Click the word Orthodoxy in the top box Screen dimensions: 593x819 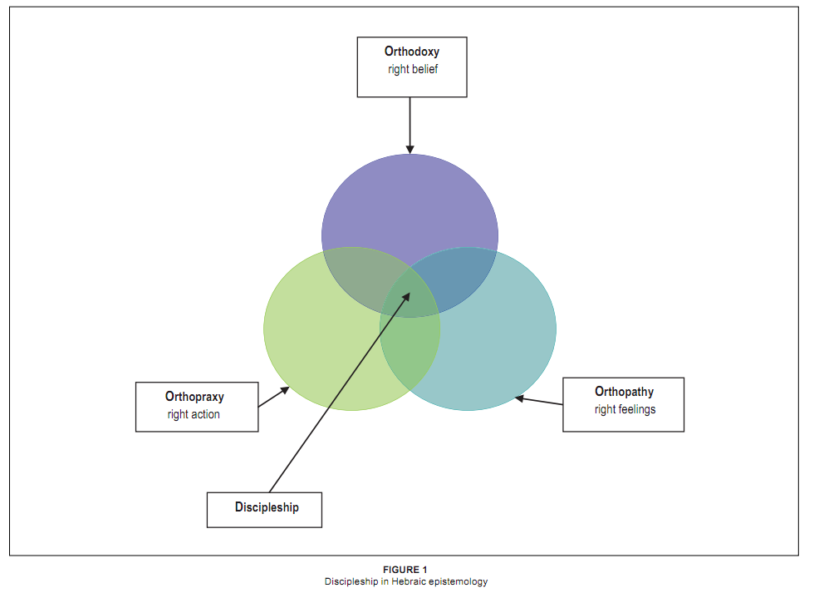(x=412, y=52)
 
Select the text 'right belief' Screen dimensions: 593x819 (x=412, y=69)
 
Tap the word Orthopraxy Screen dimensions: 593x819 (x=194, y=397)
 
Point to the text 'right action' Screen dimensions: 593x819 (x=194, y=414)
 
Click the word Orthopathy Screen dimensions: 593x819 (x=624, y=392)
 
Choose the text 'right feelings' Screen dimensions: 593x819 (x=625, y=409)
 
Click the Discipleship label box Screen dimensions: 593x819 (x=265, y=507)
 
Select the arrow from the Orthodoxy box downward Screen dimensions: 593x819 (x=410, y=125)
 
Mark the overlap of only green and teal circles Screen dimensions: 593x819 (x=410, y=349)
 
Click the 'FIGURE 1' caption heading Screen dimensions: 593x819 (x=406, y=570)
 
